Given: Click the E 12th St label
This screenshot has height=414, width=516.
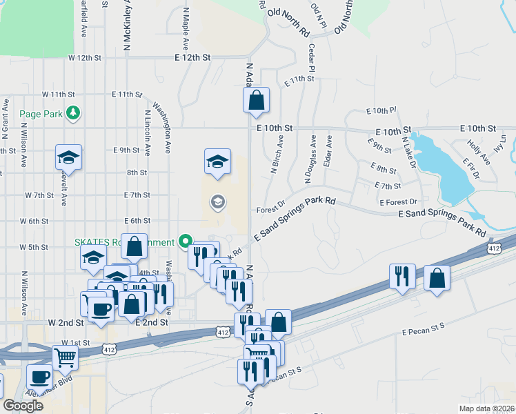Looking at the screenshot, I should [192, 58].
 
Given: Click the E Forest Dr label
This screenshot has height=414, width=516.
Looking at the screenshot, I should [399, 202].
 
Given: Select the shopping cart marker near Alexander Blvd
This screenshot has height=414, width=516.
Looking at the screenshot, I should [65, 357].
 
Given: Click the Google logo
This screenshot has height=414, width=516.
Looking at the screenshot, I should [23, 405].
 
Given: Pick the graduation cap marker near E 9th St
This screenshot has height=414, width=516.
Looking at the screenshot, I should [68, 157].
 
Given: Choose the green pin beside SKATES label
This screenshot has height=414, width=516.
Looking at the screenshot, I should [185, 241].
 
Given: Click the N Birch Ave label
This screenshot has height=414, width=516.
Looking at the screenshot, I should [277, 154].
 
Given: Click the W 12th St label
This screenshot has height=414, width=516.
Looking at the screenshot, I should [85, 58].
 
